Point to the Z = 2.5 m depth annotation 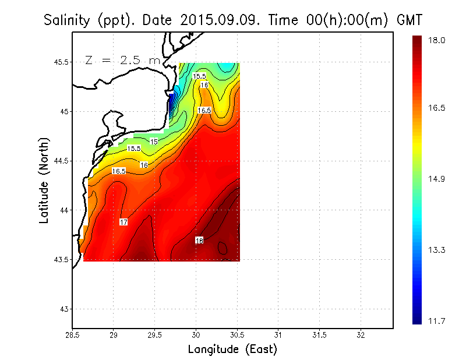pos(122,60)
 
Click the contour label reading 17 pos(123,222)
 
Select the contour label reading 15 pos(154,142)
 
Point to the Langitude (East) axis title pos(232,349)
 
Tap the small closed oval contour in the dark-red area pos(222,248)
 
